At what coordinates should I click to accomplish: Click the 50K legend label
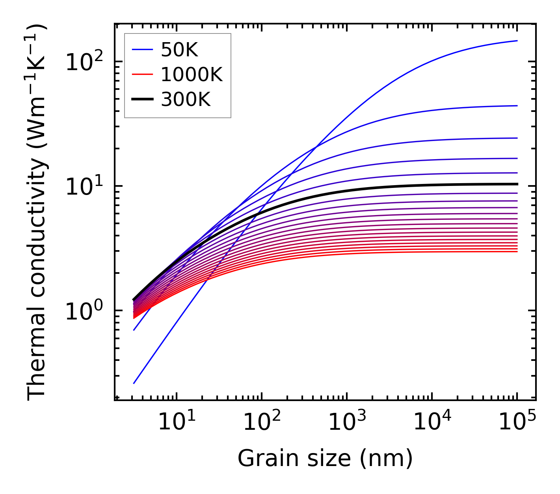pos(179,50)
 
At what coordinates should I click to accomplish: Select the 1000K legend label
pos(192,74)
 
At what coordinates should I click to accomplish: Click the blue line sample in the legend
pos(142,50)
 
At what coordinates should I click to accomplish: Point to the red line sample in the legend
pos(142,74)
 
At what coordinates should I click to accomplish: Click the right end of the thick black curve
pos(517,184)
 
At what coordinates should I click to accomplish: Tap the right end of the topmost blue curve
pos(517,41)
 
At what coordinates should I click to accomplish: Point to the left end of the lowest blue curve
pos(134,383)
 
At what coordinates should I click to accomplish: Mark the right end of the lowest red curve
pos(517,251)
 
